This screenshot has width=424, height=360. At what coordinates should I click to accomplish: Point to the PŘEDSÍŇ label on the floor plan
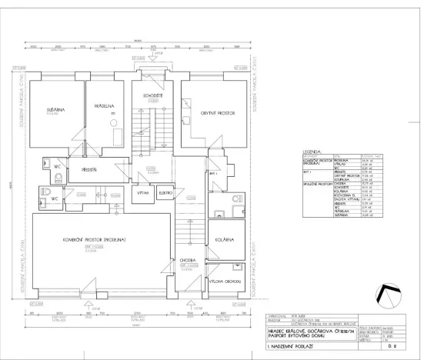[x=88, y=169]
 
